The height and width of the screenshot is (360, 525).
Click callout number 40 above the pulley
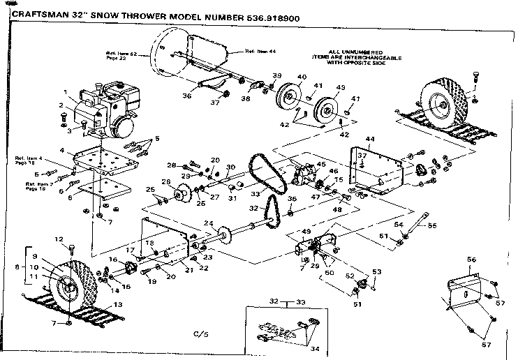tap(302, 77)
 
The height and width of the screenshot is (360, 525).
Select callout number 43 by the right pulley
tap(341, 88)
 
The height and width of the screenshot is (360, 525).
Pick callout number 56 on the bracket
tap(471, 260)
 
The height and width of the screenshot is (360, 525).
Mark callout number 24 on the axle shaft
tap(207, 224)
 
